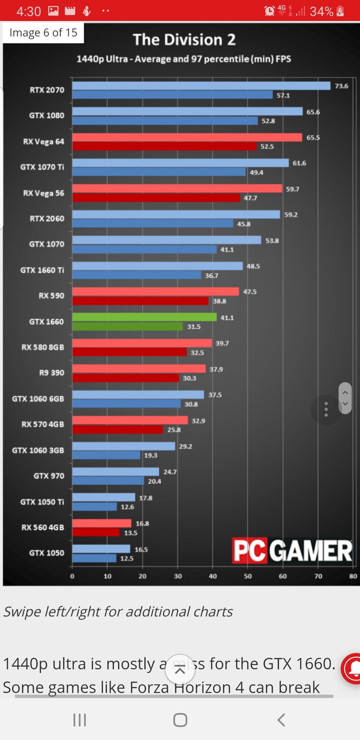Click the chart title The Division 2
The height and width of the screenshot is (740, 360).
184,40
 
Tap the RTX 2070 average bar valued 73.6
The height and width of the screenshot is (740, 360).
201,86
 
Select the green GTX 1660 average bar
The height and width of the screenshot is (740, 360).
144,317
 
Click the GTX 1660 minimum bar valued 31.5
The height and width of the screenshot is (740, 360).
127,326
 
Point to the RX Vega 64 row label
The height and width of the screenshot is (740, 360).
44,142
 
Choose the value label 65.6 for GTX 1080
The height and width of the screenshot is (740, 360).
313,112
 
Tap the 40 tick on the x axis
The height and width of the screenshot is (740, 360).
213,576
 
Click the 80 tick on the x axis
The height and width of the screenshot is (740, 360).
353,576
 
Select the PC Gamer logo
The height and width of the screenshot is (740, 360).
292,551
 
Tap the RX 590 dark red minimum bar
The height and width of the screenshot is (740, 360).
140,301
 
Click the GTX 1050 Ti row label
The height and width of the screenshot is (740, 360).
42,502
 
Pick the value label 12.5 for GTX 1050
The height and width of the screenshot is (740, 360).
127,558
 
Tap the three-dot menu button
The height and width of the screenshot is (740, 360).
326,409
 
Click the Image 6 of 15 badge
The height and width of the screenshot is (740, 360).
43,33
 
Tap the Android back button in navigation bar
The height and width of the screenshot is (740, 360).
281,720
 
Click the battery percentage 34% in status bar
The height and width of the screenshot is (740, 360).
322,11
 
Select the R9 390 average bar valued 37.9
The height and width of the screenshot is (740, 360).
139,369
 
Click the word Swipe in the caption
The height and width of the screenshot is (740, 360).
22,612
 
